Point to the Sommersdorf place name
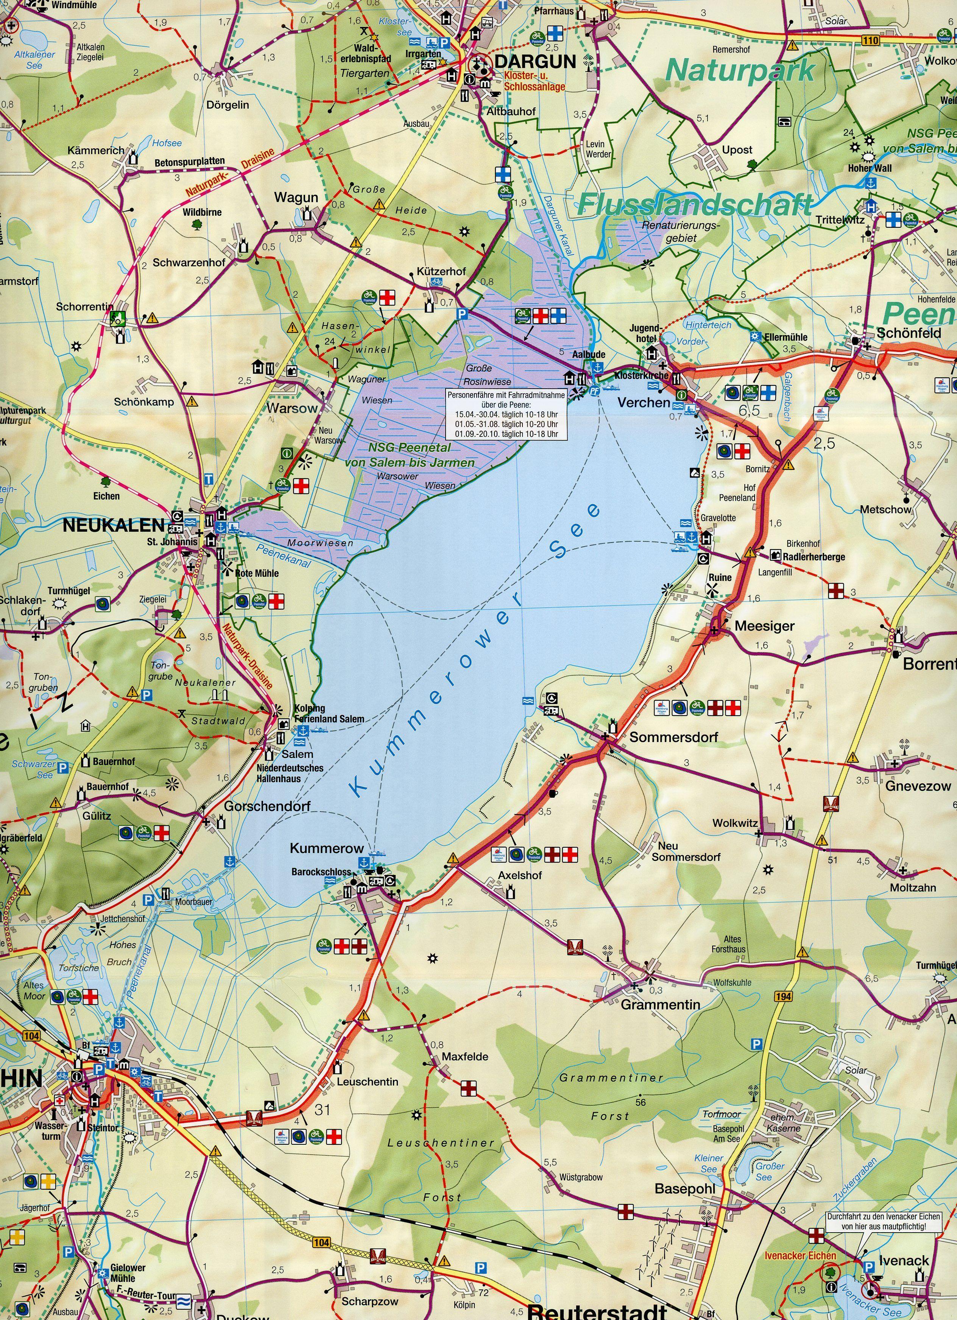[x=673, y=737]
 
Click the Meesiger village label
[x=764, y=626]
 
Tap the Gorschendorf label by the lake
[x=267, y=806]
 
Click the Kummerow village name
[x=327, y=848]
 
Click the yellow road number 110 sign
[x=871, y=40]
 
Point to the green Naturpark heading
[x=740, y=70]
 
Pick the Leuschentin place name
[x=367, y=1082]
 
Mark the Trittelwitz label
[x=840, y=220]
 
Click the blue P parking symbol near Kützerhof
[x=461, y=313]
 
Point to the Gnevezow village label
[x=918, y=786]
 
